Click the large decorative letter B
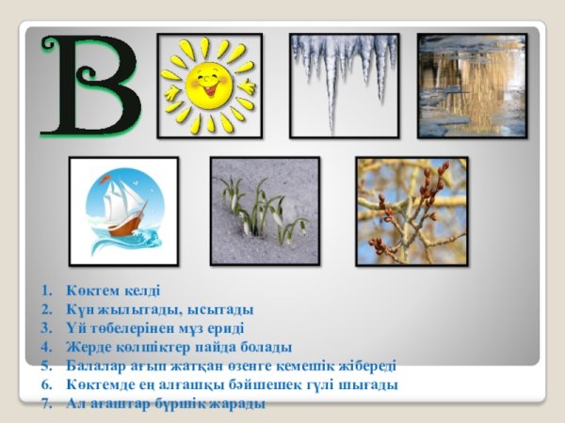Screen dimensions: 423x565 [x=89, y=86]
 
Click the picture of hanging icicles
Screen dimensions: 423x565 [x=344, y=85]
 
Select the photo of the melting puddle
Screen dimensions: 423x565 [x=472, y=85]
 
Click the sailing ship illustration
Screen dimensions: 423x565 [x=123, y=211]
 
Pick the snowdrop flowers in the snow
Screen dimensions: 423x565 [x=265, y=211]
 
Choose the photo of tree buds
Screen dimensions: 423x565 [x=411, y=211]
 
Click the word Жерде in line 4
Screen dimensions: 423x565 [x=87, y=347]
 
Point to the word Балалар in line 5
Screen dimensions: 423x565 [x=94, y=366]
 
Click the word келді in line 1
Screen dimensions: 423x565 [x=141, y=290]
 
